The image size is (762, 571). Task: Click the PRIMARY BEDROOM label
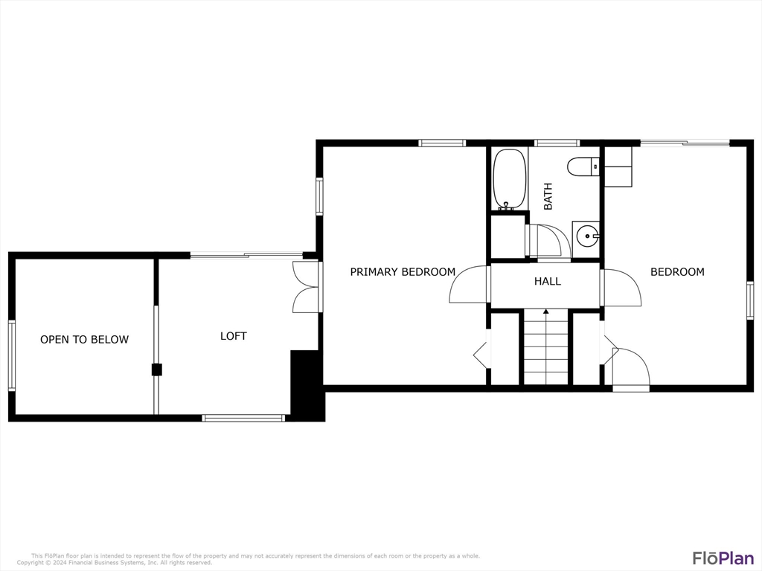(x=403, y=272)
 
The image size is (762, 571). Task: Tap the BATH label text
(x=548, y=196)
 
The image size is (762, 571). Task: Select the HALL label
(x=548, y=282)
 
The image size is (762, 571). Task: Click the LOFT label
(x=233, y=336)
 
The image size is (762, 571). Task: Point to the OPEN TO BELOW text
(x=84, y=340)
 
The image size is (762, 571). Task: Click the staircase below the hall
(x=546, y=349)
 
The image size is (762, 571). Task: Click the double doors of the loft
(x=306, y=287)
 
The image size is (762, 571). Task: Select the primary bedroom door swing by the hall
(x=468, y=285)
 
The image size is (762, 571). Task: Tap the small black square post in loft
(x=157, y=370)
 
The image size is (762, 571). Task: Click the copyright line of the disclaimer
(x=115, y=563)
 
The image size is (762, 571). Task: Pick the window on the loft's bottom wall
(x=243, y=418)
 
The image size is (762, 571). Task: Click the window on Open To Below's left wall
(x=11, y=355)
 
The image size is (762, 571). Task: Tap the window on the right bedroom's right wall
(x=750, y=300)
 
